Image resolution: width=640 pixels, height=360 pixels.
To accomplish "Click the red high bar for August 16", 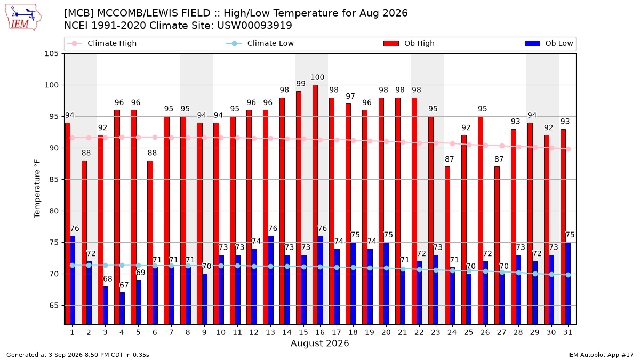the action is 315,205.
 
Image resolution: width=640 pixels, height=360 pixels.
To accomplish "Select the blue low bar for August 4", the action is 122,308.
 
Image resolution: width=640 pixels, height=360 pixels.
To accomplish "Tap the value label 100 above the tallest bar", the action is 317,77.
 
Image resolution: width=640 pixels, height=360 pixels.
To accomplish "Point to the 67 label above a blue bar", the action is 124,285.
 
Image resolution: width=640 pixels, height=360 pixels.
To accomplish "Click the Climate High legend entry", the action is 101,43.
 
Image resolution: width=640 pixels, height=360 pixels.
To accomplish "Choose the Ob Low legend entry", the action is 549,43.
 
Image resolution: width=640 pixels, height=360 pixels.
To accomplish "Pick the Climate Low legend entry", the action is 260,43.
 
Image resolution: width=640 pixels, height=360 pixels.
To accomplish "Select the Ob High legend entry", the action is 409,43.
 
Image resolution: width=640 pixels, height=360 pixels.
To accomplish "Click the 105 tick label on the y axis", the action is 51,54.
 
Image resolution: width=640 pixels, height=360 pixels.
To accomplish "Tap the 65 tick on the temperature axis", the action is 54,306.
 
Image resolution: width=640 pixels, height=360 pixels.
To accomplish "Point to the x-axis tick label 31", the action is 567,332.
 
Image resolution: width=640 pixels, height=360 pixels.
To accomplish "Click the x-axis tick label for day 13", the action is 270,332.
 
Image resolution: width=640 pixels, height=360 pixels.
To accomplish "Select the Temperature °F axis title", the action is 37,189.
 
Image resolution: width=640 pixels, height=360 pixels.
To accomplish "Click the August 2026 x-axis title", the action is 319,343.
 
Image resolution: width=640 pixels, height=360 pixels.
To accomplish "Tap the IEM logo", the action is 23,18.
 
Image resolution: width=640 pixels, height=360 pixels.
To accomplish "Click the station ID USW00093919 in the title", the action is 254,26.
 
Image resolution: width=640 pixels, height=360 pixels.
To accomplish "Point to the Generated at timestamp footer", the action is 78,355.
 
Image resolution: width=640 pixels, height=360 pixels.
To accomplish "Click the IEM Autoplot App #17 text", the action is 601,355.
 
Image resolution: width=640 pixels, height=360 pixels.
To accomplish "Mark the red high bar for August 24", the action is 447,245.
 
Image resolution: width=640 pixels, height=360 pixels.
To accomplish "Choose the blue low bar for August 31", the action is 568,283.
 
